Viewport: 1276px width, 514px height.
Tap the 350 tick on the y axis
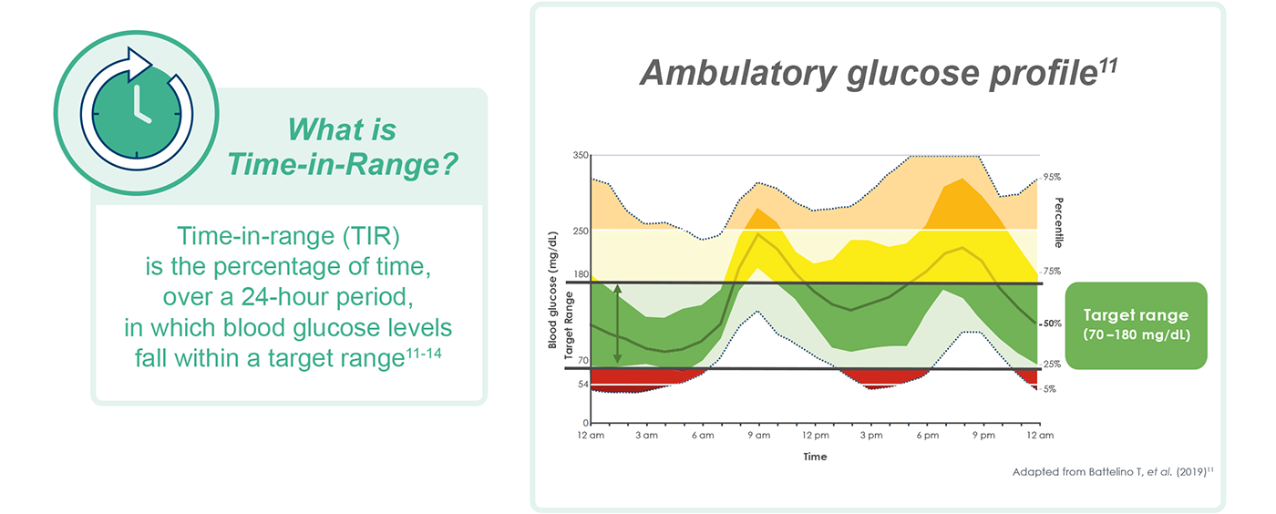[x=581, y=156]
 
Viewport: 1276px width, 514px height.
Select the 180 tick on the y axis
[x=581, y=274]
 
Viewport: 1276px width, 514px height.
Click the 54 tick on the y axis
[x=582, y=384]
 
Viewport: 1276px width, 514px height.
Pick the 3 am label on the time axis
[x=646, y=436]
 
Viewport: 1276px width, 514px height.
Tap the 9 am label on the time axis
[x=758, y=436]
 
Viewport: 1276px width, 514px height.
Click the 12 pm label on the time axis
[x=815, y=436]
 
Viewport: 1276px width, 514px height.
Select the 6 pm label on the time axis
[x=928, y=436]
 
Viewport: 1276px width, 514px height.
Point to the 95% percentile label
[x=1052, y=177]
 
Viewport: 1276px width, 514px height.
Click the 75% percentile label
[x=1052, y=271]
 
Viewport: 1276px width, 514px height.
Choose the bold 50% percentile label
[x=1052, y=324]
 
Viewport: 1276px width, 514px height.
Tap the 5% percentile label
[x=1050, y=389]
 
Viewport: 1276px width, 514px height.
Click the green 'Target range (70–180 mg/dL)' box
[x=1135, y=324]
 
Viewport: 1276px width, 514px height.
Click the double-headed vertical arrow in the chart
[x=617, y=324]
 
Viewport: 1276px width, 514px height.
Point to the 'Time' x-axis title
[x=815, y=457]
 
